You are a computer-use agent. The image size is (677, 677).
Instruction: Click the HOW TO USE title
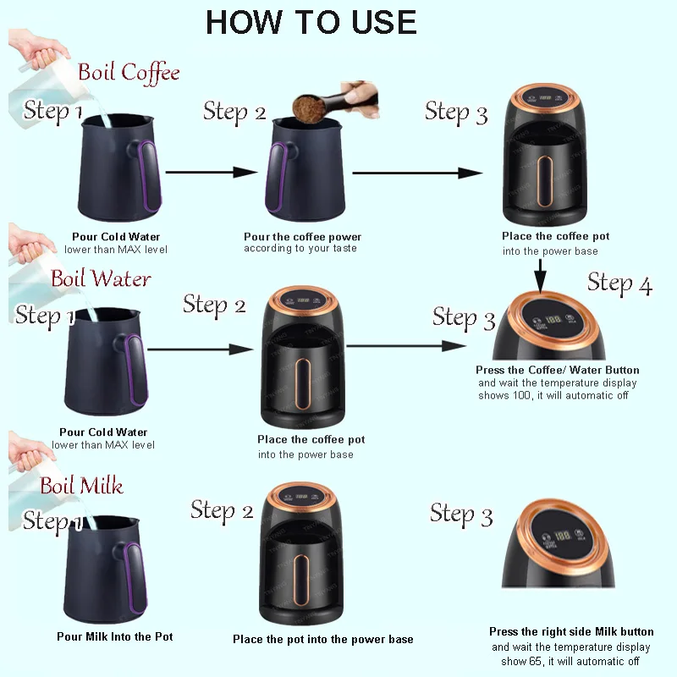pyautogui.click(x=311, y=23)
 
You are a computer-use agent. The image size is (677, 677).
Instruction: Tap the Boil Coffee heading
pyautogui.click(x=129, y=73)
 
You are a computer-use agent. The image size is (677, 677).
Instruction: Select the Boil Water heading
pyautogui.click(x=101, y=278)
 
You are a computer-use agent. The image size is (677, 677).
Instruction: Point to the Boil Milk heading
pyautogui.click(x=81, y=485)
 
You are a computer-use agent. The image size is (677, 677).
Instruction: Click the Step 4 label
pyautogui.click(x=619, y=284)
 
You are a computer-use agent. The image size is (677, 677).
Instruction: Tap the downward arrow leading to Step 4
pyautogui.click(x=540, y=277)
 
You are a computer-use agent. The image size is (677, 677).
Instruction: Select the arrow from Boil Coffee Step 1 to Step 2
pyautogui.click(x=212, y=173)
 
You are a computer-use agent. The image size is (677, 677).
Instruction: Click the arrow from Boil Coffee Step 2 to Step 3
pyautogui.click(x=417, y=173)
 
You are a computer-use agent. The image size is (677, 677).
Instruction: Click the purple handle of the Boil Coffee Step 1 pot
pyautogui.click(x=150, y=176)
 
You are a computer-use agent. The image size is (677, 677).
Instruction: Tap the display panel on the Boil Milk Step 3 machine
pyautogui.click(x=561, y=537)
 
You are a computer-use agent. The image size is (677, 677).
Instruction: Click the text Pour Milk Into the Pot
pyautogui.click(x=115, y=637)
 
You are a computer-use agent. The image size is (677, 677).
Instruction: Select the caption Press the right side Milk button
pyautogui.click(x=571, y=631)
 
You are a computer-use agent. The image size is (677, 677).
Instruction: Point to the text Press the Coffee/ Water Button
pyautogui.click(x=558, y=370)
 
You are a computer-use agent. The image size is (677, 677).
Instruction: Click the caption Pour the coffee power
pyautogui.click(x=302, y=237)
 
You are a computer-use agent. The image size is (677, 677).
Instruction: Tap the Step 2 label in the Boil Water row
pyautogui.click(x=214, y=305)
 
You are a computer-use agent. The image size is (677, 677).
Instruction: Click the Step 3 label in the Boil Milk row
pyautogui.click(x=461, y=515)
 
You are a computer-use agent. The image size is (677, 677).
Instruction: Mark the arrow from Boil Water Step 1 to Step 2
pyautogui.click(x=201, y=350)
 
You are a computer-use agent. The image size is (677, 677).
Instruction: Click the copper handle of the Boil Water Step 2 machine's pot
pyautogui.click(x=302, y=383)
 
